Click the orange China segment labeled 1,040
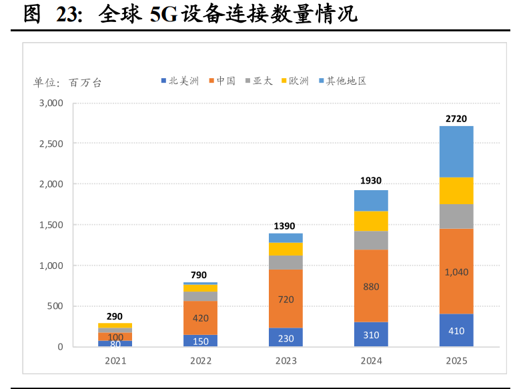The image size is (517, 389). pyautogui.click(x=456, y=272)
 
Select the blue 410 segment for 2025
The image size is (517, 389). pyautogui.click(x=456, y=330)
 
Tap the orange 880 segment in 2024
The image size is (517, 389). pyautogui.click(x=371, y=286)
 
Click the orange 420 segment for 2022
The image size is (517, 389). pyautogui.click(x=200, y=318)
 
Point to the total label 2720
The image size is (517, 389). pyautogui.click(x=456, y=119)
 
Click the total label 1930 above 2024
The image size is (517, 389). pyautogui.click(x=371, y=181)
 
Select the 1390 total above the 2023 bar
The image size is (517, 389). pyautogui.click(x=286, y=226)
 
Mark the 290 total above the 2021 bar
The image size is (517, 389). pyautogui.click(x=115, y=316)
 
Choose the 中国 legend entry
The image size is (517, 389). pyautogui.click(x=222, y=81)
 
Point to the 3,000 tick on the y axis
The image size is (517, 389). pyautogui.click(x=51, y=103)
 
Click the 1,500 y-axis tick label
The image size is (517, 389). pyautogui.click(x=51, y=225)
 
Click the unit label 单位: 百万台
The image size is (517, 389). pyautogui.click(x=67, y=83)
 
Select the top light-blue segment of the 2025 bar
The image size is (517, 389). pyautogui.click(x=456, y=151)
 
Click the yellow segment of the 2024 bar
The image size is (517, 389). pyautogui.click(x=371, y=221)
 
